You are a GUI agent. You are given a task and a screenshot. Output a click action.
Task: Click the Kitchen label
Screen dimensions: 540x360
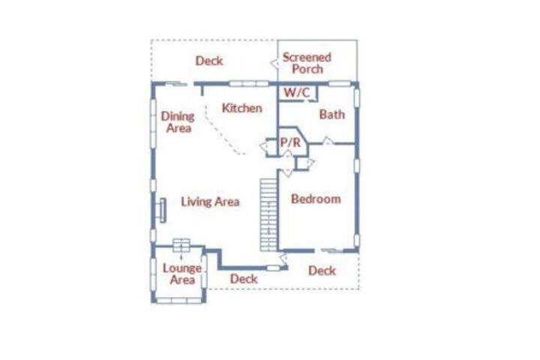click(x=241, y=108)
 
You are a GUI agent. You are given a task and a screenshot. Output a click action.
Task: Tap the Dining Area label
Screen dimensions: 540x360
click(x=178, y=122)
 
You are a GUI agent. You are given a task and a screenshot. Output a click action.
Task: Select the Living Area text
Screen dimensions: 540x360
click(x=210, y=202)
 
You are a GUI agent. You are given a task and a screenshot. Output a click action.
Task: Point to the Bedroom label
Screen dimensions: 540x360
click(x=316, y=199)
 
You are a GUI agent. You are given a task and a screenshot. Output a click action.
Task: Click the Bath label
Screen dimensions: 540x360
click(x=332, y=114)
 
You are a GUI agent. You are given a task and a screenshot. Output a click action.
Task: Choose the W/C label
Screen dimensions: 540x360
click(x=296, y=92)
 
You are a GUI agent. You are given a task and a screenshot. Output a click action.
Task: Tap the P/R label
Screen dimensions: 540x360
click(x=290, y=142)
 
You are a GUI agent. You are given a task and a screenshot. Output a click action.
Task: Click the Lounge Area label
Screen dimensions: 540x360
click(x=182, y=274)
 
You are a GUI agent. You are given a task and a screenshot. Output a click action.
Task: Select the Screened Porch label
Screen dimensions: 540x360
click(x=307, y=63)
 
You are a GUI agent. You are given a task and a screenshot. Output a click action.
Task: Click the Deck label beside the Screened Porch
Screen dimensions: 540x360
click(x=209, y=61)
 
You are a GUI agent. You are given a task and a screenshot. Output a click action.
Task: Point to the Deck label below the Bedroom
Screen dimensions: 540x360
click(x=322, y=271)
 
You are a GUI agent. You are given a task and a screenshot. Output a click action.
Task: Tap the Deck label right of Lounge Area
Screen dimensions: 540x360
click(x=244, y=279)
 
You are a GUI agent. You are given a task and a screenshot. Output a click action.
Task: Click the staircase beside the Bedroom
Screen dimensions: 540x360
click(x=268, y=214)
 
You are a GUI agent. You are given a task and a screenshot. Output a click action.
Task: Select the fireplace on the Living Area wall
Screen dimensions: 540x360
click(x=162, y=210)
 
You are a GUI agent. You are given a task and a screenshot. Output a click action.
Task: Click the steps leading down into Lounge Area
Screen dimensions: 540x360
click(x=181, y=245)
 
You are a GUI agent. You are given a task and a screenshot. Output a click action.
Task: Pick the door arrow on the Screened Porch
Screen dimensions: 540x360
click(x=274, y=64)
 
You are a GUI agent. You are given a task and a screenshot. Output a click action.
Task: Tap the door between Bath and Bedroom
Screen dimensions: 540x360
click(x=327, y=140)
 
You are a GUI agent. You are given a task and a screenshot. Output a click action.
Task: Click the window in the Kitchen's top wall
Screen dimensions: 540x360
click(x=249, y=84)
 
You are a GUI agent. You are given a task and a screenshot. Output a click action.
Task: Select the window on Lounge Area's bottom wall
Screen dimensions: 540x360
click(x=179, y=301)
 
